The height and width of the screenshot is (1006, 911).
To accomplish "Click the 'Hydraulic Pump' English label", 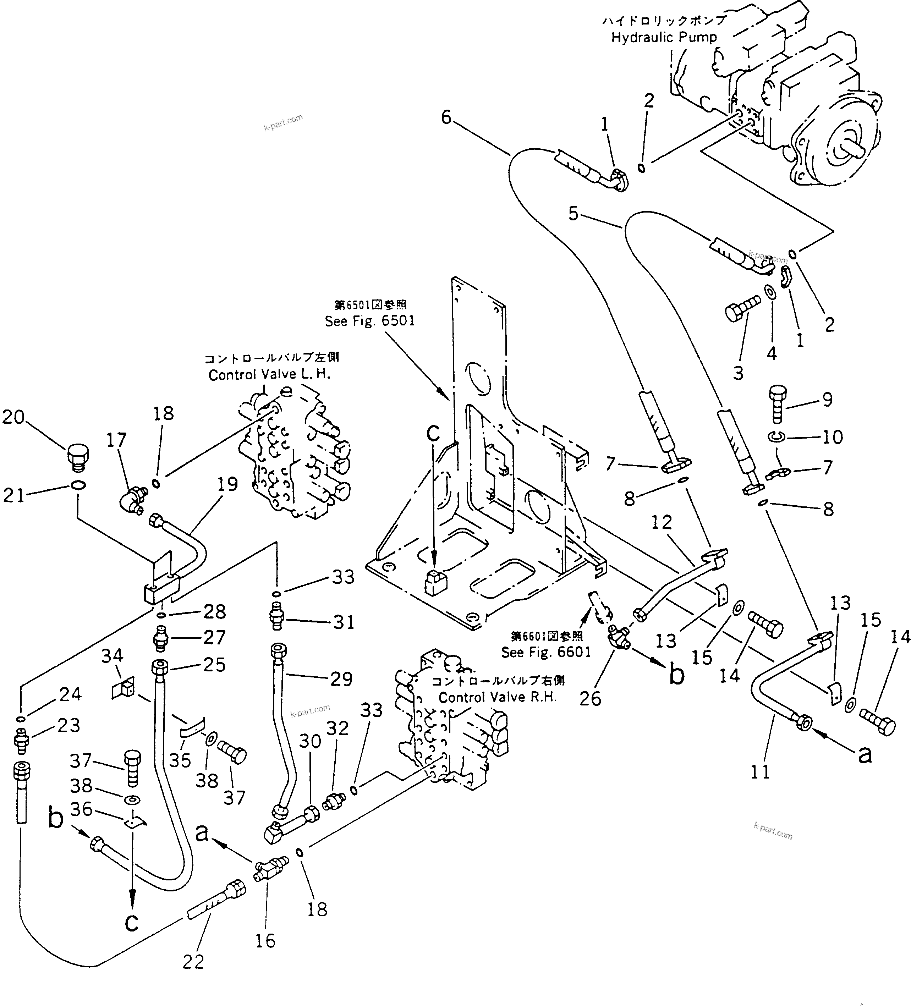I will coord(664,37).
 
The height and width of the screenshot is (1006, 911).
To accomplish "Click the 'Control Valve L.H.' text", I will coord(270,374).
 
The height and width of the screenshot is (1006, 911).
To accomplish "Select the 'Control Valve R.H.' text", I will coord(497,697).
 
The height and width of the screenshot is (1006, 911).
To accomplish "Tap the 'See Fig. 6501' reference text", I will coord(370,321).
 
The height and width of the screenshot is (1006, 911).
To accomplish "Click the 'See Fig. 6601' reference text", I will coord(546,652).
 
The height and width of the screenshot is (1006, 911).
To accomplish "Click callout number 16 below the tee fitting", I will coord(265,941).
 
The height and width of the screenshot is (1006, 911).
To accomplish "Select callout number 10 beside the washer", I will coord(832,437).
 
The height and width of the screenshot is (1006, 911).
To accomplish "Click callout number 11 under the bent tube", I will coord(760,773).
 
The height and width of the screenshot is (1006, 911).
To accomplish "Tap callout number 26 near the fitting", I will coord(590,699).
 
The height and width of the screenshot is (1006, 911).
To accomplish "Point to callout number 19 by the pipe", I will coord(227,484).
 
